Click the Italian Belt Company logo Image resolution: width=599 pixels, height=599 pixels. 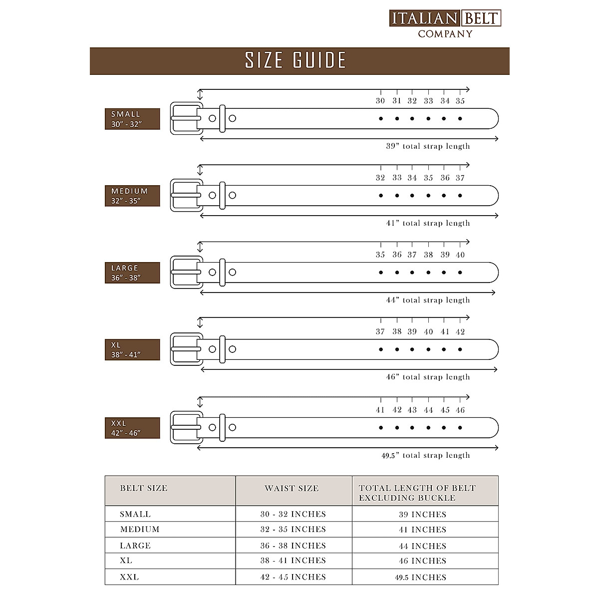445,23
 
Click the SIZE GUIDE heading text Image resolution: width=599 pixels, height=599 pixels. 296,60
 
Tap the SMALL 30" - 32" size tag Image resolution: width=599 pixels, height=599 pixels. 132,119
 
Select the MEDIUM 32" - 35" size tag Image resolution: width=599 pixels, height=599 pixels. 132,196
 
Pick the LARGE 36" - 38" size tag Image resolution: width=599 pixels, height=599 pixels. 132,273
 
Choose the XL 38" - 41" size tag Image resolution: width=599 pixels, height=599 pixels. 132,349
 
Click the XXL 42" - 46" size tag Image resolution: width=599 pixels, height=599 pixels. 132,428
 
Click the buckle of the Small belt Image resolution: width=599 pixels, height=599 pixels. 186,118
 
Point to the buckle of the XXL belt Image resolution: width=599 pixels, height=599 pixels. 186,427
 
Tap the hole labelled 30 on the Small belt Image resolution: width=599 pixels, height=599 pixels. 381,119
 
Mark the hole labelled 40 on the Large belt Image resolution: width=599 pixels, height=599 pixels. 460,273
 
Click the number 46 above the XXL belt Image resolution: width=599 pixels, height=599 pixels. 460,410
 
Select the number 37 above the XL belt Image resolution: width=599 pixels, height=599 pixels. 380,331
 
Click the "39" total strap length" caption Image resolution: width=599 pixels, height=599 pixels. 428,146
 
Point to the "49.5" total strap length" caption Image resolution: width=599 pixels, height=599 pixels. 426,455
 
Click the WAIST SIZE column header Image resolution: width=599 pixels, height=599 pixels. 292,488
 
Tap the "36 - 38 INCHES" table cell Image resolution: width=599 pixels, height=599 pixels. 293,546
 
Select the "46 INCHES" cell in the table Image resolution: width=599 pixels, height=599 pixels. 422,561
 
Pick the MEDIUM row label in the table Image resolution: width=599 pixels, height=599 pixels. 140,529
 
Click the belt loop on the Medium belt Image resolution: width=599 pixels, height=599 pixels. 223,195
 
